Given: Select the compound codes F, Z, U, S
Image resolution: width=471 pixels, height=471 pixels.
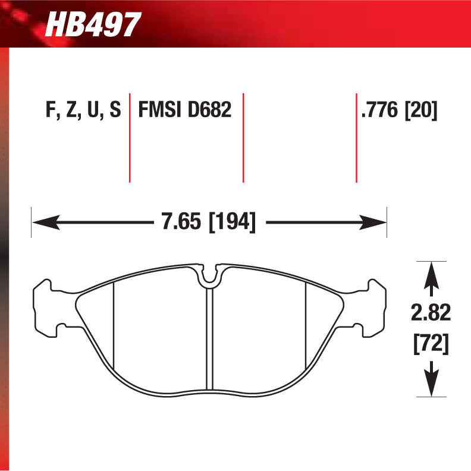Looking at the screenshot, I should click(83, 111).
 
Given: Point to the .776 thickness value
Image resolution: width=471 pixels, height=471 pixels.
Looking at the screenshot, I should click(380, 111).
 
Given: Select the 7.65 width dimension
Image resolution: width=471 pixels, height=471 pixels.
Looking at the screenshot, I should click(181, 223).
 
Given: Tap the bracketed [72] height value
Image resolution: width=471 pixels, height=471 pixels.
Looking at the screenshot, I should click(431, 343).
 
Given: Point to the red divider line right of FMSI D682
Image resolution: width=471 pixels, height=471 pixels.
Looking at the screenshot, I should click(243, 137).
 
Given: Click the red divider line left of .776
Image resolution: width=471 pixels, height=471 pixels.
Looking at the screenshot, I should click(356, 137).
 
